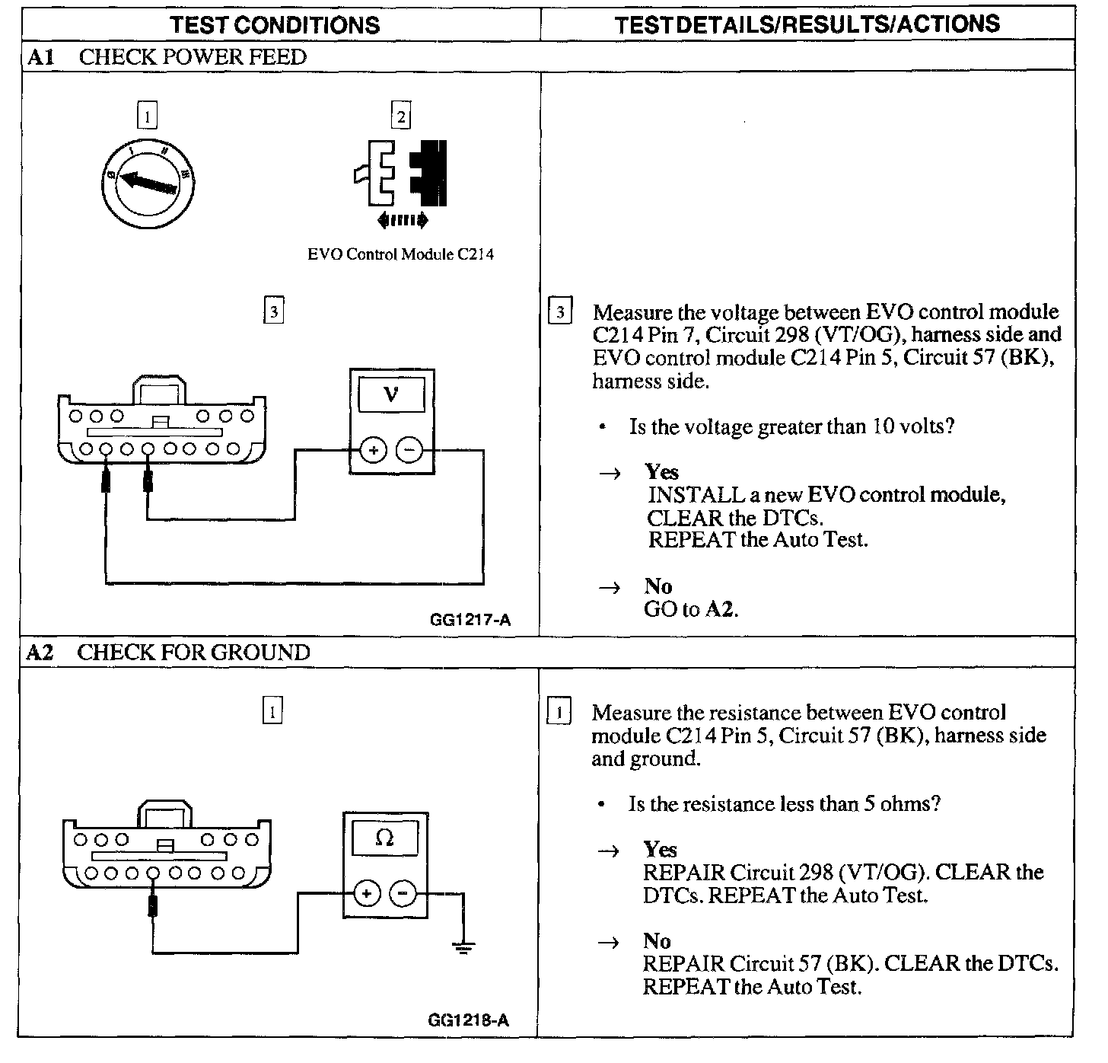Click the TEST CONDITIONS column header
point(275,24)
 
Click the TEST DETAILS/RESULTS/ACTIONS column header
point(807,24)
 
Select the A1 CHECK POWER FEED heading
point(167,57)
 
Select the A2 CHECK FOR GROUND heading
point(168,653)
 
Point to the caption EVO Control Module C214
point(400,254)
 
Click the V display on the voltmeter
point(392,394)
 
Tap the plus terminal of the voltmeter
point(373,450)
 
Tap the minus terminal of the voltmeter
point(410,450)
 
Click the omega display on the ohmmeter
point(385,838)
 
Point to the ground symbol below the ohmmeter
point(463,946)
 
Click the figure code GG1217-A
point(470,620)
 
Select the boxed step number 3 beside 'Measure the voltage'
point(559,312)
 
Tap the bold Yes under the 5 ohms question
point(660,849)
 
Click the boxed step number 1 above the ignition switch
point(147,117)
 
